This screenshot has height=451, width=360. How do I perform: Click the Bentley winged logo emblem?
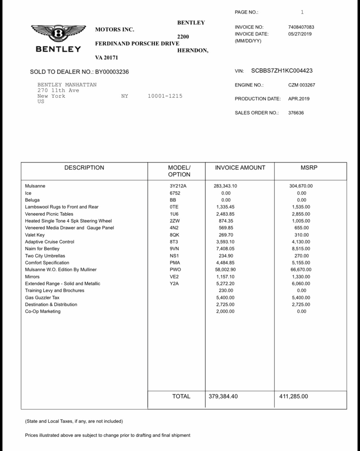[59, 34]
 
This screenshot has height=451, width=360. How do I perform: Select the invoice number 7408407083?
[301, 27]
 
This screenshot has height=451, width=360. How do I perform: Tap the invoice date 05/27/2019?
[300, 34]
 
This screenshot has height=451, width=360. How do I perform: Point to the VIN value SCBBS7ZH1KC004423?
[282, 71]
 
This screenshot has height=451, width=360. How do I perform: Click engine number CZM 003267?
[301, 85]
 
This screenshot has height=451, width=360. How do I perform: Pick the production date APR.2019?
[299, 99]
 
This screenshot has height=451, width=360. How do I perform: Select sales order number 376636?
[296, 113]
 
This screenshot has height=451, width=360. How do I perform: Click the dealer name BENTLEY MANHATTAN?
[67, 85]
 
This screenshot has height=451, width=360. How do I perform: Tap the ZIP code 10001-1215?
[165, 96]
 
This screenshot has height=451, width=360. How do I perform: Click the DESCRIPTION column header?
[84, 168]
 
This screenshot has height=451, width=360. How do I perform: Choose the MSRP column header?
[309, 168]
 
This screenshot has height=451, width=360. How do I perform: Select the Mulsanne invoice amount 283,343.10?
[225, 186]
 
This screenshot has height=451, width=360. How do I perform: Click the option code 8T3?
[174, 242]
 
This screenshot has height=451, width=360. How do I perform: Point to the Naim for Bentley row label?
[42, 249]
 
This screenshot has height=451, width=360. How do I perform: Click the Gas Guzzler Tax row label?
[42, 298]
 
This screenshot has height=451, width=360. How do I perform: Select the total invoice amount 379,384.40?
[223, 397]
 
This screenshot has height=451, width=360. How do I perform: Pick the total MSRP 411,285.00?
[294, 397]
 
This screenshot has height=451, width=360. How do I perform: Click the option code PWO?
[175, 270]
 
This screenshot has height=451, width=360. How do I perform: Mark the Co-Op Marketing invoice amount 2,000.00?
[225, 311]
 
